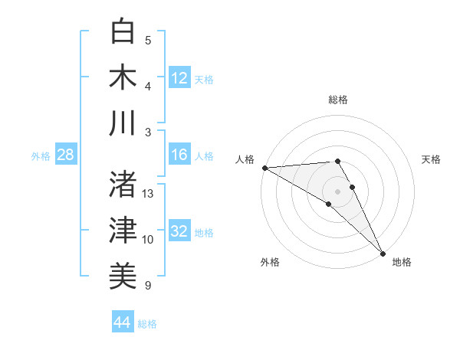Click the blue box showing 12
coord(179,77)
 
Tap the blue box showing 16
coord(179,155)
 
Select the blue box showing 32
coord(179,232)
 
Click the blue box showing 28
coord(65,155)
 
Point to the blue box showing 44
coord(123,322)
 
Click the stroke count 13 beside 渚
coord(148,194)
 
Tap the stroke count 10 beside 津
coord(148,240)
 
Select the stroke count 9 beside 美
coord(148,286)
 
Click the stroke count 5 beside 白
coord(148,41)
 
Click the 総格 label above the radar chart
coord(338,100)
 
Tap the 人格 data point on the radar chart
coord(264,168)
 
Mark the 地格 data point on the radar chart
coord(383,253)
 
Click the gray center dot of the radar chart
coord(338,191)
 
